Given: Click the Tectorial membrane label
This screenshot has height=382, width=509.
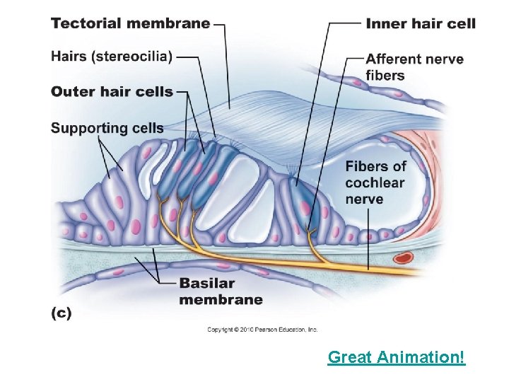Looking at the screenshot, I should [x=130, y=23].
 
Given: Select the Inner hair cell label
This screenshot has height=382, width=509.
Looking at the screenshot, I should [x=421, y=23].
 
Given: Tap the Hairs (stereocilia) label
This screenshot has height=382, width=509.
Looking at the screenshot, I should [x=112, y=57].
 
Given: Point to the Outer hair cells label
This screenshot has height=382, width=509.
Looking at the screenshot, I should [x=112, y=91].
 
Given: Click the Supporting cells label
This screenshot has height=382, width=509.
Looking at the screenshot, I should [x=107, y=128].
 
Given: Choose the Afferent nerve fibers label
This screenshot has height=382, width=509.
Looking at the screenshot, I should [x=415, y=67].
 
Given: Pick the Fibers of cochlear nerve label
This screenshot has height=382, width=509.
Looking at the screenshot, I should [x=376, y=183].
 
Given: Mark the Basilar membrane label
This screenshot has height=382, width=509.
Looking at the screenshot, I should [x=221, y=291].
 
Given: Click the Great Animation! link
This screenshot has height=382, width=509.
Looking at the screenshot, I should [x=397, y=357].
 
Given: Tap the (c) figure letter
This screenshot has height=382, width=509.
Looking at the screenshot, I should [x=62, y=312].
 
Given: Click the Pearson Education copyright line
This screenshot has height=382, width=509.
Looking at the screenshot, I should [x=262, y=330].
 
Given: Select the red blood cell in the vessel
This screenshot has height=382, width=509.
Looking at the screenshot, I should [x=404, y=258].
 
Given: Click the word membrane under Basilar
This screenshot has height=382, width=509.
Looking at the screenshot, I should [x=221, y=299].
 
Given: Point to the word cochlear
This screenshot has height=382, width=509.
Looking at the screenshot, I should [x=375, y=183].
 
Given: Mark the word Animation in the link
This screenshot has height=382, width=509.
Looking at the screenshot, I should [x=419, y=357].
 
